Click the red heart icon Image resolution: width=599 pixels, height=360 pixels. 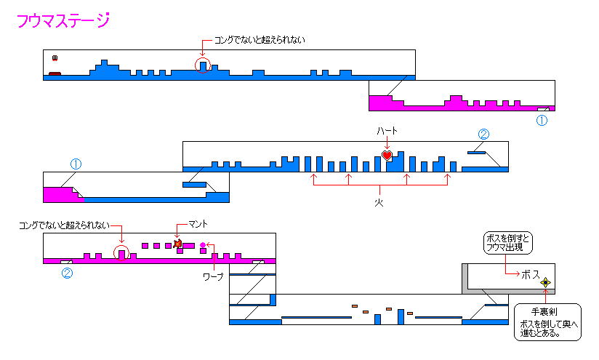tap(387, 155)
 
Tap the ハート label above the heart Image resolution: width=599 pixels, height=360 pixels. tap(387, 131)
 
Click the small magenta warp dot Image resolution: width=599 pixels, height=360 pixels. tap(203, 245)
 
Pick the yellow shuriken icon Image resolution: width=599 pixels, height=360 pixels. tap(545, 282)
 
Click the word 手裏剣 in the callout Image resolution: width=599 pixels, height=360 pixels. tap(544, 311)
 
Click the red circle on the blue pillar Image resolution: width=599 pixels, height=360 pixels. tap(204, 65)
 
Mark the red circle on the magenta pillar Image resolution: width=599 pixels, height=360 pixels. tap(122, 252)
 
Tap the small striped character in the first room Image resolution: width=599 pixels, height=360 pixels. tap(54, 58)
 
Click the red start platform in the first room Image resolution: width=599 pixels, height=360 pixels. tap(55, 73)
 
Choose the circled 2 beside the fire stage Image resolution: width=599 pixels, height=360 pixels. tap(484, 134)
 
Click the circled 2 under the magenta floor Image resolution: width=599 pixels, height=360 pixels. tap(67, 273)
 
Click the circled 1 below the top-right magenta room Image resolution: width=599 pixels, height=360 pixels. tap(541, 121)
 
